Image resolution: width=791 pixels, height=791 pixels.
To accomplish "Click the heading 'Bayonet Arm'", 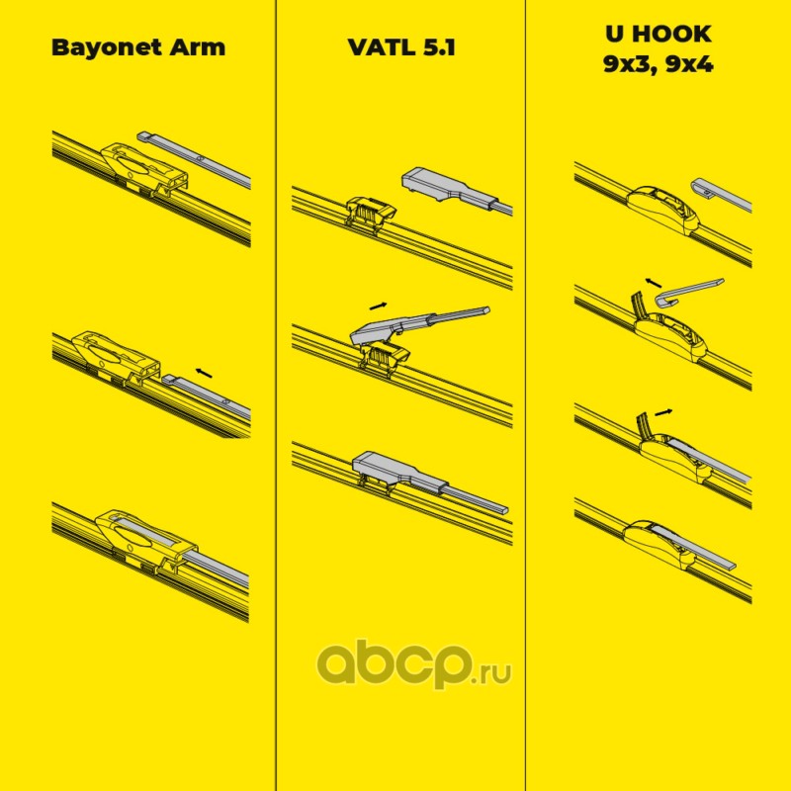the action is click(137, 46).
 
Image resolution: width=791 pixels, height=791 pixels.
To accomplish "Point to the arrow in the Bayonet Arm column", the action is click(204, 372).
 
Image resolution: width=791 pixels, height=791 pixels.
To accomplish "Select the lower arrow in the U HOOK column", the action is click(665, 409).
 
